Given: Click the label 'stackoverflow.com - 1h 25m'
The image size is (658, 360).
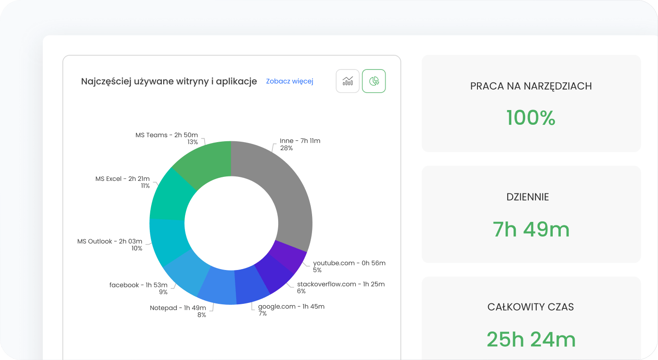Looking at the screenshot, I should [x=341, y=284].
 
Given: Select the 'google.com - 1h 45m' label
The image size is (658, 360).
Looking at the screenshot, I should [x=291, y=306].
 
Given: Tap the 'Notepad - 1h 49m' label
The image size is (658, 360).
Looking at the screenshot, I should [x=178, y=308].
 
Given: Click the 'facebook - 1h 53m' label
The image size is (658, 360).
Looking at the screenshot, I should [x=138, y=285].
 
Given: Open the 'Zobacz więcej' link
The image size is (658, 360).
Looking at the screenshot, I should [x=290, y=81].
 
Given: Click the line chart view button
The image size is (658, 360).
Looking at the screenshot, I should [x=348, y=81].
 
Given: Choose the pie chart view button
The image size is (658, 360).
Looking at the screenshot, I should [x=374, y=81].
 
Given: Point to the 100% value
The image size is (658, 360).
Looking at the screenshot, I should [x=531, y=118].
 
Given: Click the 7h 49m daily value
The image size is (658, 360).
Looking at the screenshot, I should [x=531, y=229].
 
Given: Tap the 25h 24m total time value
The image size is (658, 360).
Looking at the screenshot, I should [x=531, y=340].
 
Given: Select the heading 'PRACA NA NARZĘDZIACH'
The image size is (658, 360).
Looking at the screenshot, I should [x=531, y=86].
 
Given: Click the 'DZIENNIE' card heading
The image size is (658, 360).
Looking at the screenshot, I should [x=528, y=196].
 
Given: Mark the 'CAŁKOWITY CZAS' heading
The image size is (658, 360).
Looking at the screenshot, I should [x=531, y=307].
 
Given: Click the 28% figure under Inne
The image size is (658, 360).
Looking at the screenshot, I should [x=286, y=148].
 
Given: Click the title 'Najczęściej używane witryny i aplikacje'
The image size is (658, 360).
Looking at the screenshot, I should [x=169, y=81].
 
